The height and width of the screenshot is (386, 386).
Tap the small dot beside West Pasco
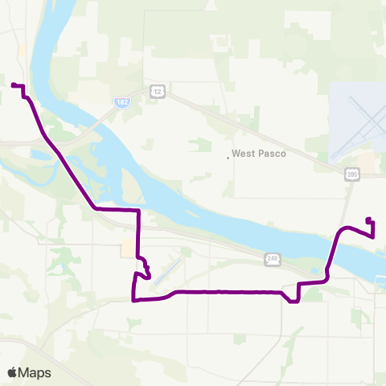(x=228, y=158)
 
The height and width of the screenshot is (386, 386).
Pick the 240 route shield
(x=273, y=258)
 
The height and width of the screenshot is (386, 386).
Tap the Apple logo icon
(x=13, y=372)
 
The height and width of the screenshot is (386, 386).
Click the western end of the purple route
(x=13, y=84)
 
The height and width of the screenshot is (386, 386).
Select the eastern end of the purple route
(x=368, y=219)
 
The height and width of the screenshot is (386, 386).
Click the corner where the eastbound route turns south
(x=140, y=210)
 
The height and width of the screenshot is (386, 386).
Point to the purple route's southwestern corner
(x=133, y=301)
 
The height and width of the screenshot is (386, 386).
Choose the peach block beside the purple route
(x=127, y=248)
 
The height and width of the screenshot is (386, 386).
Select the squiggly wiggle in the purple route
(x=146, y=268)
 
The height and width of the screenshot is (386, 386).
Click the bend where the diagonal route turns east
(x=96, y=207)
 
